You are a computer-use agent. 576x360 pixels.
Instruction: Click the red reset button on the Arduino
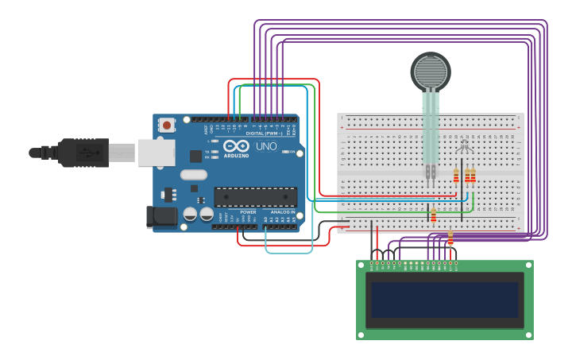(x=167, y=125)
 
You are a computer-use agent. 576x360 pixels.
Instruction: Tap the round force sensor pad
(x=431, y=72)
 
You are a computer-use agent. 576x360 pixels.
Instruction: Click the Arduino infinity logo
(x=236, y=146)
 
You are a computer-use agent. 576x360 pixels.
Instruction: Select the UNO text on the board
(x=265, y=146)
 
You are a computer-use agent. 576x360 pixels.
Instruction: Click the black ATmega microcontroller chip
(x=255, y=197)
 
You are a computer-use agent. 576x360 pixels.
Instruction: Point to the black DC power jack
(x=162, y=217)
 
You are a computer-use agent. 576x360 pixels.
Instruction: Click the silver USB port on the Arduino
(x=157, y=153)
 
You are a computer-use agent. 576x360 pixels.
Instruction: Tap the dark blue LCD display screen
(x=444, y=300)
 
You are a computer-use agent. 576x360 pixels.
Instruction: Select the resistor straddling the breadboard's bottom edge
(x=450, y=238)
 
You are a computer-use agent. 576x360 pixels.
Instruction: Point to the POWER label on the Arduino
(x=248, y=212)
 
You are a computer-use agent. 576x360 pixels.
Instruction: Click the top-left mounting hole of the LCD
(x=361, y=265)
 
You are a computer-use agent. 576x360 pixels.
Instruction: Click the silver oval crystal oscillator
(x=193, y=175)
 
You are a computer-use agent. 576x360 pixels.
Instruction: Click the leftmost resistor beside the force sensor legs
(x=456, y=176)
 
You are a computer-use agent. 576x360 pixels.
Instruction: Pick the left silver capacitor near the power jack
(x=190, y=214)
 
